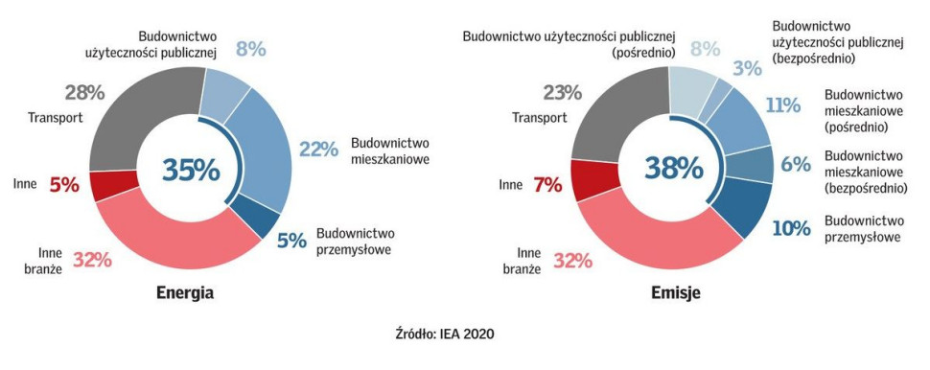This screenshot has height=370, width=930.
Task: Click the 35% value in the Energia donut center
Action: [x=191, y=170]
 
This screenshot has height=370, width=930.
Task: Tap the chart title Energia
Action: [x=185, y=293]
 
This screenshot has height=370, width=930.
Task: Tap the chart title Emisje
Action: [x=674, y=293]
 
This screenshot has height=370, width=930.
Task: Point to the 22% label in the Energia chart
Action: [x=319, y=150]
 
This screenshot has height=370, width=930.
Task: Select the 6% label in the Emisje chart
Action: [x=796, y=165]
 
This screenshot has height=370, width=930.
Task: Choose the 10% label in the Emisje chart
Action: [x=791, y=228]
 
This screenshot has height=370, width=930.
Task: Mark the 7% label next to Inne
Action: [x=546, y=184]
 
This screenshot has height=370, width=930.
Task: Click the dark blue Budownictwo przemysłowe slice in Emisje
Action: [x=747, y=206]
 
